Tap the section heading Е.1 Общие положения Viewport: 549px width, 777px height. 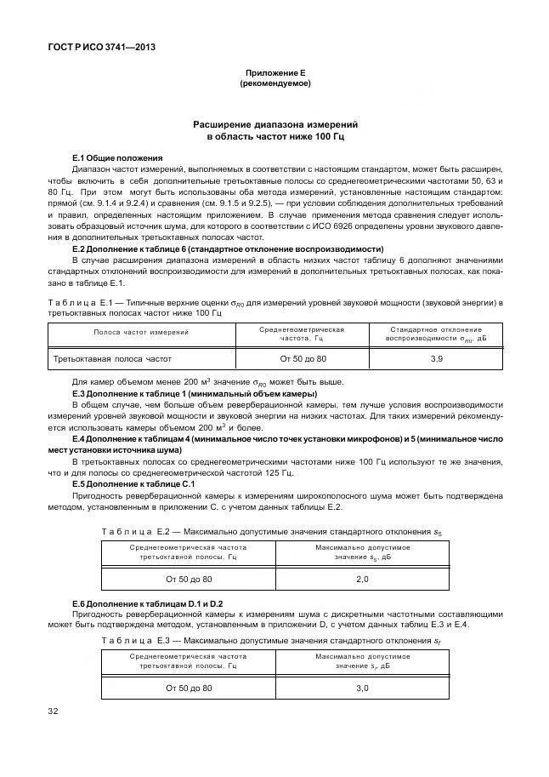116,157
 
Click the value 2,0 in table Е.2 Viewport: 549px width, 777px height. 361,579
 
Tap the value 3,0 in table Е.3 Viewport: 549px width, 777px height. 361,687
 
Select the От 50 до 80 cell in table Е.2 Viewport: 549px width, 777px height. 188,579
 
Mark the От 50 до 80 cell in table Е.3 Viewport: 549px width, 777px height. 188,687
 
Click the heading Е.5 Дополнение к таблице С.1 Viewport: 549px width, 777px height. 133,484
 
